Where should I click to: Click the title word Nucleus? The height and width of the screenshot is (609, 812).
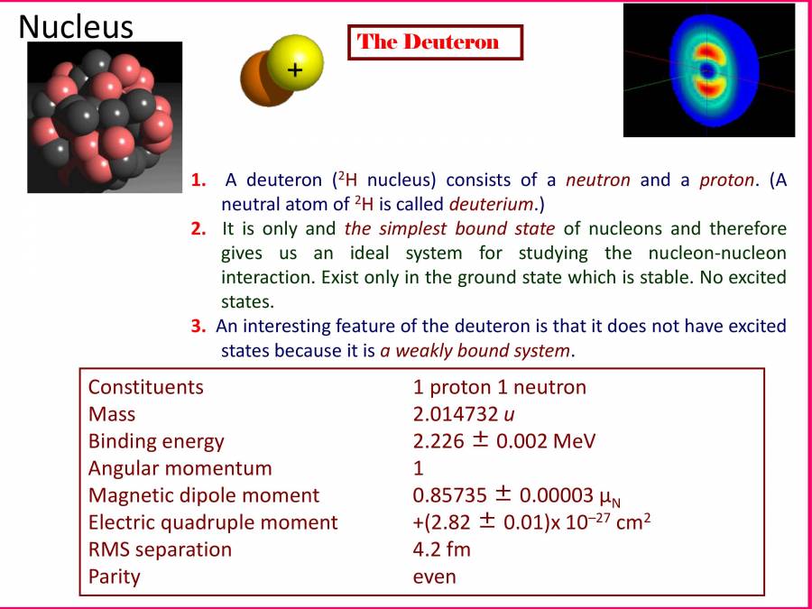pyautogui.click(x=76, y=26)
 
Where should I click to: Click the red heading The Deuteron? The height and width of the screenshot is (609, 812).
pyautogui.click(x=429, y=42)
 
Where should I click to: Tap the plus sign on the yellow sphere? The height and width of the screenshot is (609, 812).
pyautogui.click(x=295, y=69)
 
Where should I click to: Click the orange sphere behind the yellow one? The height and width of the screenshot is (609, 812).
pyautogui.click(x=259, y=81)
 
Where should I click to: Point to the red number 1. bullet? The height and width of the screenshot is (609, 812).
pyautogui.click(x=198, y=180)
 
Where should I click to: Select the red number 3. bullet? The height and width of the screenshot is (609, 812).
pyautogui.click(x=198, y=327)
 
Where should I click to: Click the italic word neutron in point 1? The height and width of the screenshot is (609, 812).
pyautogui.click(x=598, y=180)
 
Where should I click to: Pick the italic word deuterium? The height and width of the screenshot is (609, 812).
pyautogui.click(x=491, y=204)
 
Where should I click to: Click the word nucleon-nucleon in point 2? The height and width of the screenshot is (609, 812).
pyautogui.click(x=717, y=254)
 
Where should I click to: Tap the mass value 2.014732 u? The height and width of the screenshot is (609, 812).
pyautogui.click(x=464, y=414)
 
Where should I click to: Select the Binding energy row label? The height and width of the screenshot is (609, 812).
pyautogui.click(x=156, y=442)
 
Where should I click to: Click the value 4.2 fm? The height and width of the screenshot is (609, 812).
pyautogui.click(x=442, y=549)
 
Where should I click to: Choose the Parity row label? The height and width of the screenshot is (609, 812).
pyautogui.click(x=115, y=577)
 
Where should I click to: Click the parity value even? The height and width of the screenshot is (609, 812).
pyautogui.click(x=435, y=577)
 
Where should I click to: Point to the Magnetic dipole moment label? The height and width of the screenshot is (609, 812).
pyautogui.click(x=204, y=495)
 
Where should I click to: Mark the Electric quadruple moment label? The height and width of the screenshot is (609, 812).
pyautogui.click(x=213, y=522)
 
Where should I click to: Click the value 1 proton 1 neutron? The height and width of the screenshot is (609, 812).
pyautogui.click(x=500, y=387)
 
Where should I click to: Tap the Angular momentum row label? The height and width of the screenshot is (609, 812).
pyautogui.click(x=180, y=468)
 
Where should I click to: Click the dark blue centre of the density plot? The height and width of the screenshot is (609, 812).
pyautogui.click(x=706, y=70)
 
